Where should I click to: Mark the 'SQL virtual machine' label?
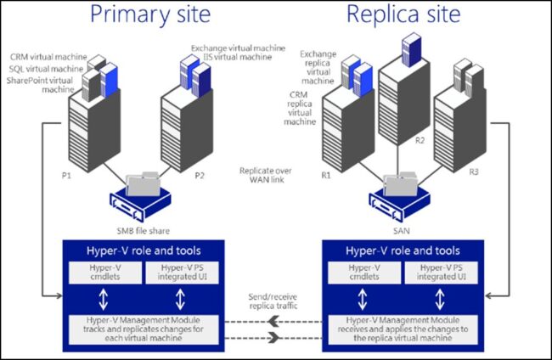tap(49, 68)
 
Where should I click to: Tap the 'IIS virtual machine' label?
tap(228, 60)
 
